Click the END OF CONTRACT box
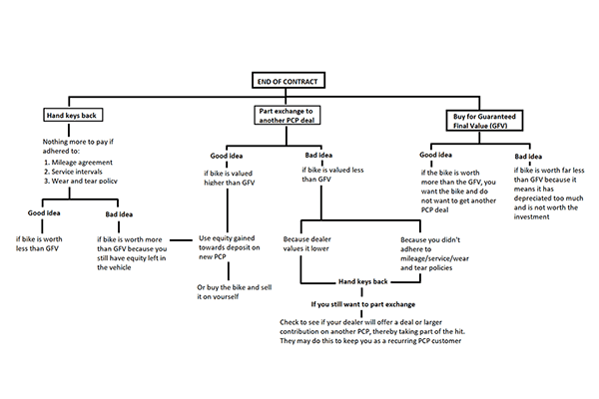[x=289, y=80]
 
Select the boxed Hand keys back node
[x=73, y=115]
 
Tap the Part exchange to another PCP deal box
[x=288, y=116]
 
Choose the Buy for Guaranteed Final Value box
[x=484, y=121]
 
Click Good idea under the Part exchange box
[x=227, y=156]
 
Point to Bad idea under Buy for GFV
[x=528, y=157]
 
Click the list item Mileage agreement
[x=78, y=163]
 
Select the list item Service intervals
[x=73, y=172]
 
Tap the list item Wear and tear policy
[x=80, y=181]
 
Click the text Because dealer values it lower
[x=306, y=243]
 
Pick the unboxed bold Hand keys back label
[x=363, y=281]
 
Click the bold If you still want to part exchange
[x=363, y=304]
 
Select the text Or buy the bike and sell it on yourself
[x=235, y=291]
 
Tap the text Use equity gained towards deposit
[x=230, y=247]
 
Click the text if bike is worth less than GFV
[x=39, y=243]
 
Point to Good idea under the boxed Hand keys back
[x=44, y=213]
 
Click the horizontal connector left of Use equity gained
[x=181, y=240]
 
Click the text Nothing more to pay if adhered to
[x=78, y=147]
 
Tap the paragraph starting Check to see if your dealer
[x=372, y=331]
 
